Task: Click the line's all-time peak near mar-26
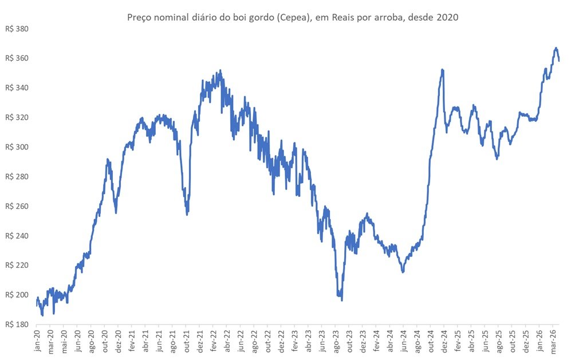click(x=556, y=48)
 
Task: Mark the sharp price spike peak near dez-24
click(x=443, y=70)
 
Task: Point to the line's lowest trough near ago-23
click(x=342, y=300)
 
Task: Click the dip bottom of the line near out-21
click(x=187, y=214)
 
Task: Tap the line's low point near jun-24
click(x=403, y=272)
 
